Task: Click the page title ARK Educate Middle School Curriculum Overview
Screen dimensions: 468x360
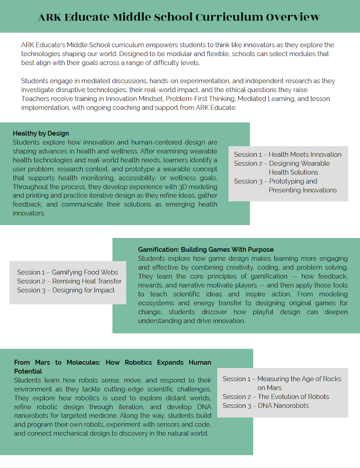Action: (x=180, y=17)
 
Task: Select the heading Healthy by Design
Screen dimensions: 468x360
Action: (x=41, y=133)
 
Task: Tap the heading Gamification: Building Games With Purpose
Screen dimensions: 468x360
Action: (x=206, y=249)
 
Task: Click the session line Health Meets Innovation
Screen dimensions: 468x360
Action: (x=288, y=154)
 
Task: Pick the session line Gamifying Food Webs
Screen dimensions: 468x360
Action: (x=67, y=272)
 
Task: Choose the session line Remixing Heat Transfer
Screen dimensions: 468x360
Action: (x=69, y=281)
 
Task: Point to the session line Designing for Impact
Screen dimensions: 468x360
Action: (x=65, y=290)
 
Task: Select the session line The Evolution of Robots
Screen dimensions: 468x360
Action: (x=275, y=397)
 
